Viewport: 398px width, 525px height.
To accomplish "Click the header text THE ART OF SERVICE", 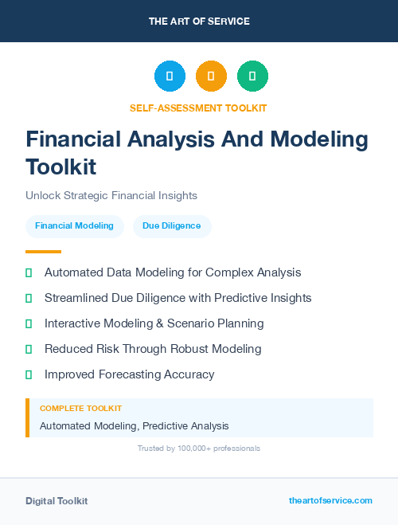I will (x=199, y=22).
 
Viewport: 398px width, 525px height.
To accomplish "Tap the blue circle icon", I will (x=170, y=76).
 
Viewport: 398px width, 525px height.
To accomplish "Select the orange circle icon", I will (x=211, y=76).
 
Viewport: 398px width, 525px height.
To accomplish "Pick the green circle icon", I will (x=252, y=76).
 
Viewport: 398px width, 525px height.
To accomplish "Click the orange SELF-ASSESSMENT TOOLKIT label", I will (x=199, y=108).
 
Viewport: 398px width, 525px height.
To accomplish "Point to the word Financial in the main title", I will (x=75, y=139).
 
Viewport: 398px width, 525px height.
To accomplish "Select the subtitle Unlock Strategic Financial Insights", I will (x=111, y=195).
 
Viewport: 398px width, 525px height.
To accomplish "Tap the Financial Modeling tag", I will (x=74, y=225).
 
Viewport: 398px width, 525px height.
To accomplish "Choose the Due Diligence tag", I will (x=171, y=225).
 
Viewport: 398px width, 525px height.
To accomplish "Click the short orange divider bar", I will (x=43, y=251).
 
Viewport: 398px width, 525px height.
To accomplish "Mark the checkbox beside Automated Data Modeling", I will (x=29, y=272).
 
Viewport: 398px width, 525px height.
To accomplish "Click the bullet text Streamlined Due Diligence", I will (x=178, y=298).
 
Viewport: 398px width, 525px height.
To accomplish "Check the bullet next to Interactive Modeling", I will (x=29, y=323).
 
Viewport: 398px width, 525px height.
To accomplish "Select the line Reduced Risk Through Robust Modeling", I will (x=153, y=349).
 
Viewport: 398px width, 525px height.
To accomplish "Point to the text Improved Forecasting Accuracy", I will (x=129, y=374).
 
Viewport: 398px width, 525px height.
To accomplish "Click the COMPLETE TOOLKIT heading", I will (x=80, y=408).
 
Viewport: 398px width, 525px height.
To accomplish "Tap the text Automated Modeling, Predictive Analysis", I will (x=134, y=425).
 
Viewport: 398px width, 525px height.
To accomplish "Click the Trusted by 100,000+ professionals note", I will (x=199, y=449).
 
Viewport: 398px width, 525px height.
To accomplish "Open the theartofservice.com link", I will (x=330, y=500).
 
